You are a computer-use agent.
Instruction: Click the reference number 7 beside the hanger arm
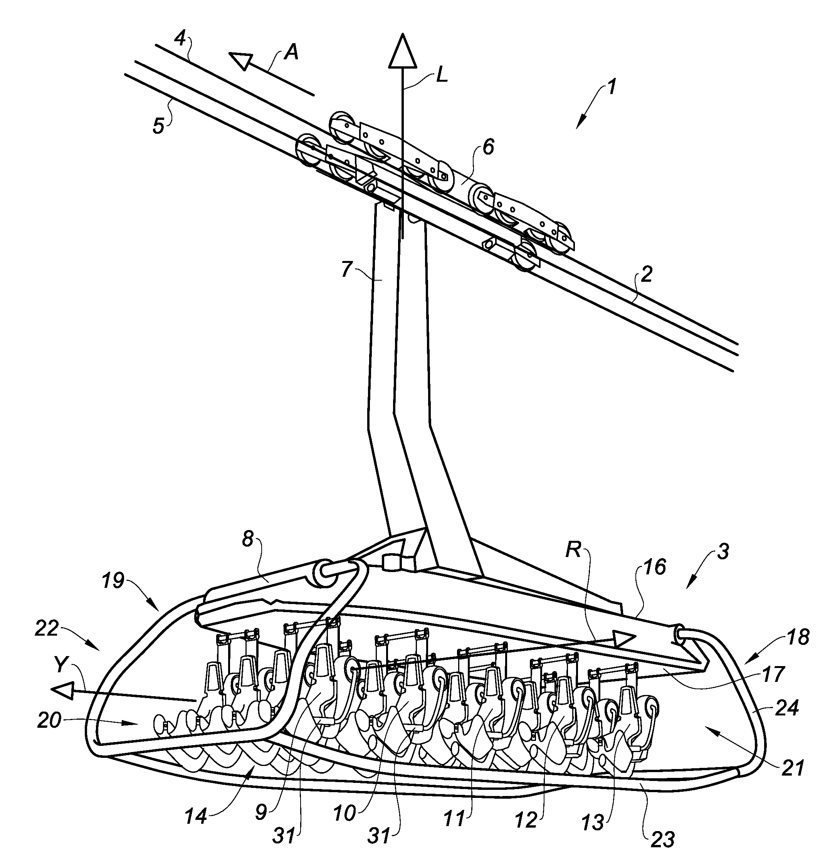(x=347, y=269)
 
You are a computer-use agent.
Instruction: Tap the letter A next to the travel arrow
(x=291, y=52)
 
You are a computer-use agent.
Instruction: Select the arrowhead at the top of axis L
(x=402, y=52)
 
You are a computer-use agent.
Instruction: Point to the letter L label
(x=442, y=76)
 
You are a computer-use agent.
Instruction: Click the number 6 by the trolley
(x=488, y=146)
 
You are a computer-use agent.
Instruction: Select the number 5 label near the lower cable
(x=158, y=126)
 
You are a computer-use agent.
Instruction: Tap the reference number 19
(x=113, y=581)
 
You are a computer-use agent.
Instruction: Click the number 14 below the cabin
(x=196, y=817)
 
